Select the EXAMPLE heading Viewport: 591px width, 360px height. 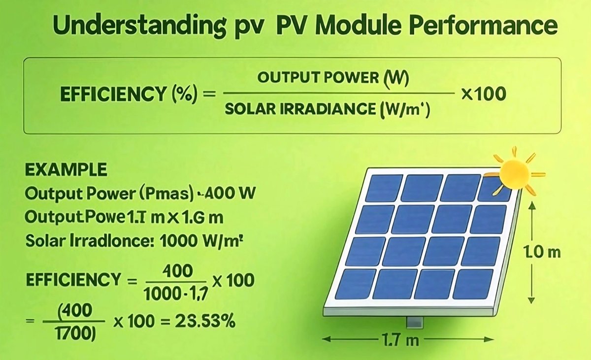pos(65,170)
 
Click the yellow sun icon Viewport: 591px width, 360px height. pos(515,172)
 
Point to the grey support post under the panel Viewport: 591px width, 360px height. pos(414,322)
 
